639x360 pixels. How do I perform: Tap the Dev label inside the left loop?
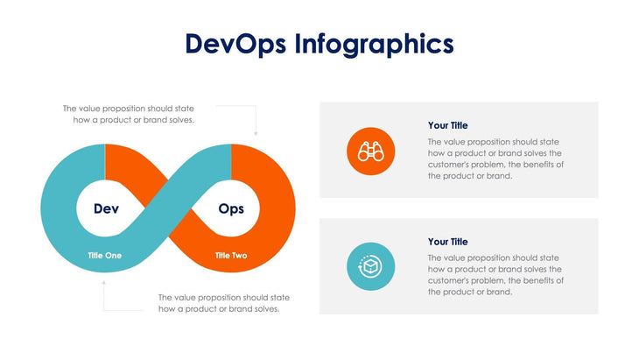pyautogui.click(x=106, y=208)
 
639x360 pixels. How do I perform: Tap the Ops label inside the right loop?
pyautogui.click(x=231, y=208)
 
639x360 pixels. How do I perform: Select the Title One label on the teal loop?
pyautogui.click(x=105, y=256)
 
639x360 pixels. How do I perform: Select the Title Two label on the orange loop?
pyautogui.click(x=231, y=256)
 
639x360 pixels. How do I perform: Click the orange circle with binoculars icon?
pyautogui.click(x=371, y=151)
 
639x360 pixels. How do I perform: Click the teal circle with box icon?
pyautogui.click(x=371, y=266)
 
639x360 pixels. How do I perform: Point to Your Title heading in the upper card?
pyautogui.click(x=447, y=125)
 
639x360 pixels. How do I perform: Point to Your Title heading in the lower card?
pyautogui.click(x=447, y=241)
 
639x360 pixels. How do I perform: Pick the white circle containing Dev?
pyautogui.click(x=106, y=208)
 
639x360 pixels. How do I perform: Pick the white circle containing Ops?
pyautogui.click(x=231, y=208)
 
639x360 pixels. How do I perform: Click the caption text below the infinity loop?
pyautogui.click(x=223, y=303)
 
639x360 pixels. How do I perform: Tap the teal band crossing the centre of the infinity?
pyautogui.click(x=169, y=208)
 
